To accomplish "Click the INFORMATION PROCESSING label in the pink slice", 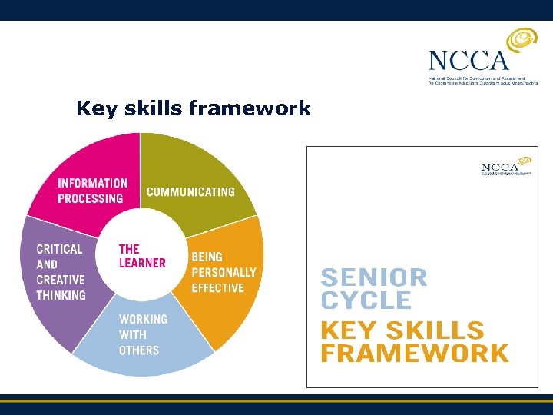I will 92,191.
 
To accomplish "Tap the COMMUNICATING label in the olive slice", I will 190,191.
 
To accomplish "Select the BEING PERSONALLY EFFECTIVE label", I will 224,272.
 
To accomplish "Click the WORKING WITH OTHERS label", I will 143,334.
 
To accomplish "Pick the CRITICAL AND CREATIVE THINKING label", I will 61,272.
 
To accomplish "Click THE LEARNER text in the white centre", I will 142,256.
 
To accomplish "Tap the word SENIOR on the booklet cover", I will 374,277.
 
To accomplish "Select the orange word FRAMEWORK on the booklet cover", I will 414,354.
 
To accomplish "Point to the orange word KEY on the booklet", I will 348,330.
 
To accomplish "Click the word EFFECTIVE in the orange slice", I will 217,288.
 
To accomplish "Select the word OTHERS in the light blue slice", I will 139,350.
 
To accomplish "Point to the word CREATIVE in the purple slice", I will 61,280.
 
